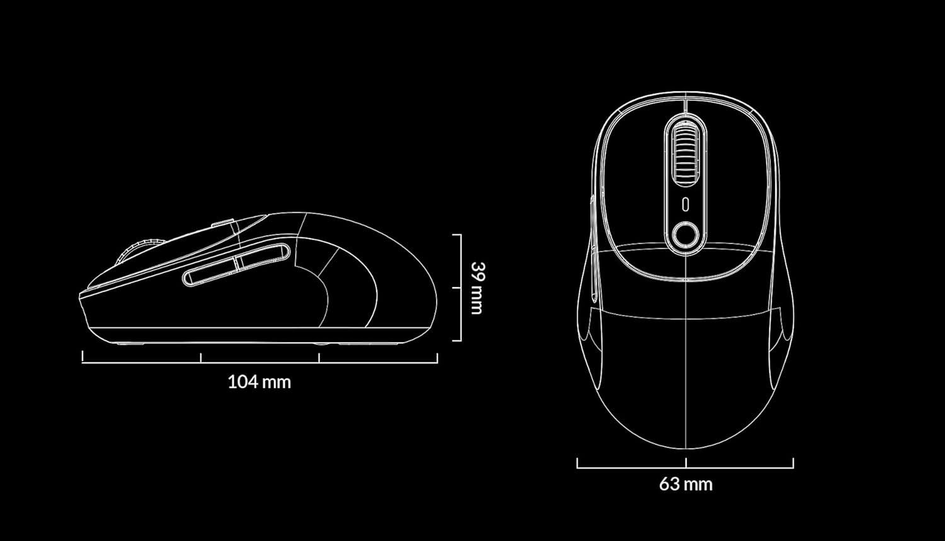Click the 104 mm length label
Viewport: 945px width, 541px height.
[x=259, y=382]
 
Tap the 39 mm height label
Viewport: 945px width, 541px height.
[x=476, y=287]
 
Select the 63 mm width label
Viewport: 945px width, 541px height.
[x=685, y=484]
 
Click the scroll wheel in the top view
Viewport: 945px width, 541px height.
[x=685, y=151]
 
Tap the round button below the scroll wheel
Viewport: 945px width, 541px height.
[x=685, y=236]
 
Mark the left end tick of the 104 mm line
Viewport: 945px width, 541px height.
[x=83, y=357]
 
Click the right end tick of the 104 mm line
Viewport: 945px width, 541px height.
[x=437, y=357]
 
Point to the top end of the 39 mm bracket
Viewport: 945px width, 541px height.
[x=457, y=235]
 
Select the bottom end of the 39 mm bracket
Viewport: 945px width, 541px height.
[x=457, y=341]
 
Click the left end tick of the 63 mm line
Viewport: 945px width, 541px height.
[x=577, y=463]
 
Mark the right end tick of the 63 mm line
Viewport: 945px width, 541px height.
[x=793, y=463]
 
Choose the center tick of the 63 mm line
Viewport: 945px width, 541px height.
[x=685, y=463]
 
